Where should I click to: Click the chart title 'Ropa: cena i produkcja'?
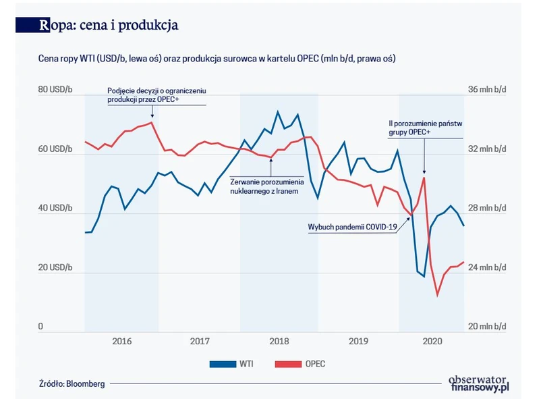(x=109, y=26)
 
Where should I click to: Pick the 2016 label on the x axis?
(x=121, y=342)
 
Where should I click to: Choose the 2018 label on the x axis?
(x=279, y=342)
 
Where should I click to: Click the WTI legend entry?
(x=233, y=364)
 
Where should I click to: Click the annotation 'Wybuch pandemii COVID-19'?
(x=352, y=228)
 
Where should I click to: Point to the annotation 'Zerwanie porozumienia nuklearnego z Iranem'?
(x=267, y=186)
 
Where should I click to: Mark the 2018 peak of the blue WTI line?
(x=277, y=111)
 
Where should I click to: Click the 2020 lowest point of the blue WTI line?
(x=424, y=277)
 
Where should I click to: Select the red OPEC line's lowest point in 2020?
(x=438, y=295)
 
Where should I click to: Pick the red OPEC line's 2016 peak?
(x=152, y=122)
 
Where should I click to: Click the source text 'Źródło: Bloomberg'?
(x=72, y=383)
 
